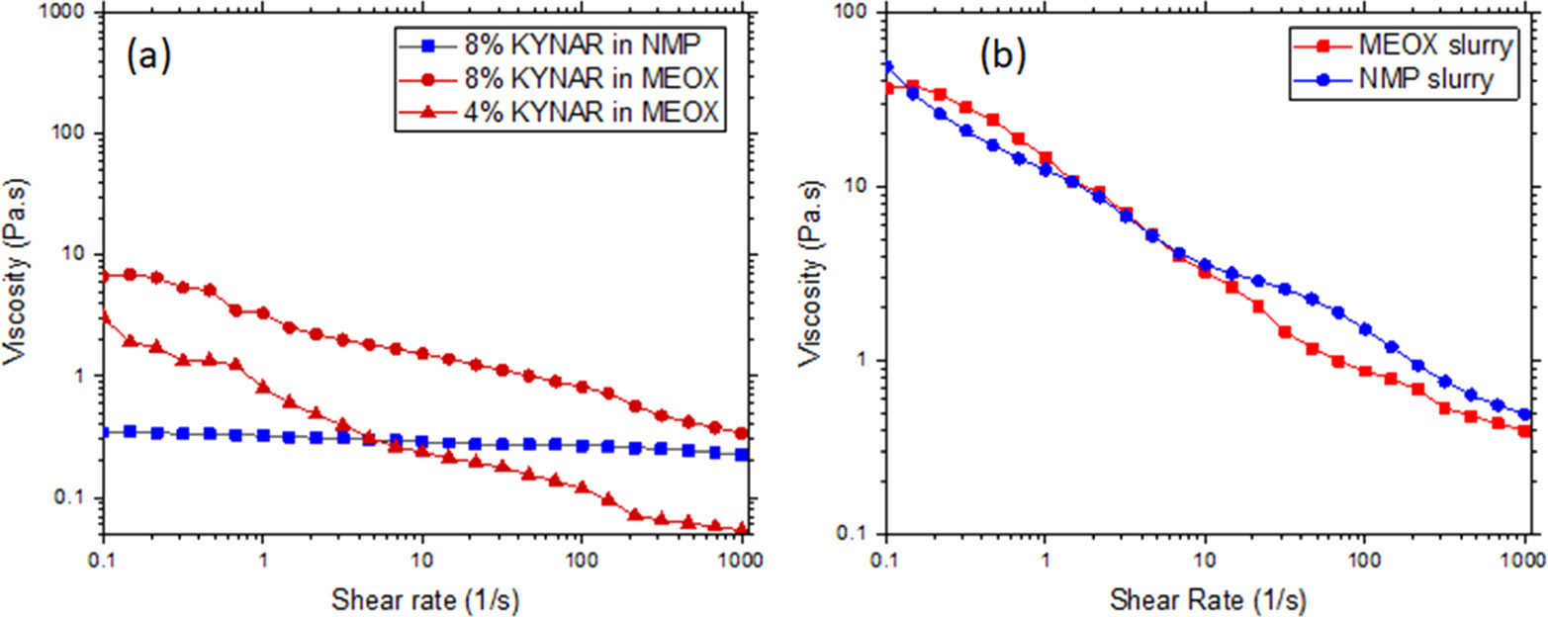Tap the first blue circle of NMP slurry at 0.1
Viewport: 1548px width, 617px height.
point(887,67)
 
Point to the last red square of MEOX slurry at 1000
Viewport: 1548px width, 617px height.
point(1524,431)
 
